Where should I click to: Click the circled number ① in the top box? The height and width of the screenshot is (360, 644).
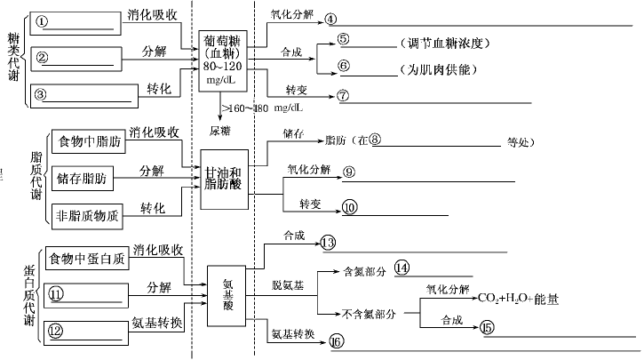pyautogui.click(x=42, y=20)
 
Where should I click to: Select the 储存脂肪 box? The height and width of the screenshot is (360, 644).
pyautogui.click(x=83, y=178)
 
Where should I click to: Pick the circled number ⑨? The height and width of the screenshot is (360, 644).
pyautogui.click(x=349, y=172)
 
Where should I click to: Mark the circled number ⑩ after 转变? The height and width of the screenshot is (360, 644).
pyautogui.click(x=349, y=206)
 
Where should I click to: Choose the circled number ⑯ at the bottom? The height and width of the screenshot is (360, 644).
pyautogui.click(x=336, y=341)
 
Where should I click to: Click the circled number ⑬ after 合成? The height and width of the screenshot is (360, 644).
pyautogui.click(x=327, y=242)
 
